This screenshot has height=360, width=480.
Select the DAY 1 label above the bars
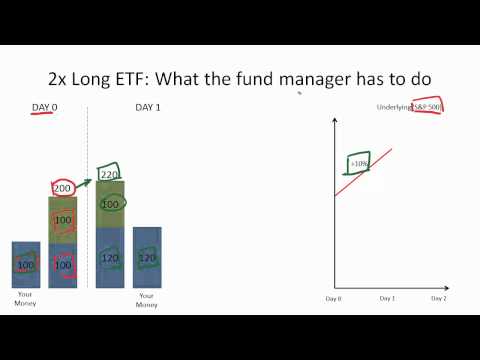(147, 107)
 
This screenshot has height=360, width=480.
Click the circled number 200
(63, 188)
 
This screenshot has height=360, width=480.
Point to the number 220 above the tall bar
(109, 173)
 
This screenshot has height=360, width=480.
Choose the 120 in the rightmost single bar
(147, 258)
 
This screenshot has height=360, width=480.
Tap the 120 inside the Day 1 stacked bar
(110, 258)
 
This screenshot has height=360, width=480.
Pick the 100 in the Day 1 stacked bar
(110, 204)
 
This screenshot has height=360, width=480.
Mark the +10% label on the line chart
(359, 165)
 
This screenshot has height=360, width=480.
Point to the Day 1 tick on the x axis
(387, 298)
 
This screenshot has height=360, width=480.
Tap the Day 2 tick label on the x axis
(438, 298)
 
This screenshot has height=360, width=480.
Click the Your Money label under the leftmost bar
(25, 300)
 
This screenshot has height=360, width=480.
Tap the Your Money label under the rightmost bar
(147, 300)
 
